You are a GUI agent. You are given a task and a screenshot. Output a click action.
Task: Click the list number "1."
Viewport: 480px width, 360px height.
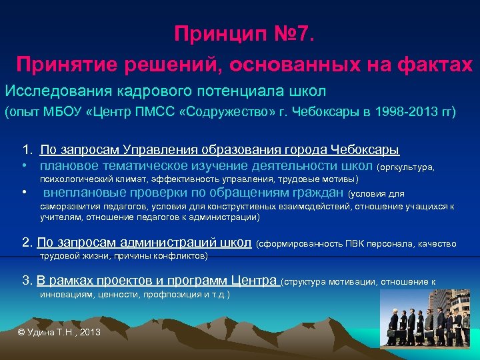pyautogui.click(x=28, y=150)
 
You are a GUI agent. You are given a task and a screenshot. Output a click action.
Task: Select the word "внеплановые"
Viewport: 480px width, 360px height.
pyautogui.click(x=83, y=193)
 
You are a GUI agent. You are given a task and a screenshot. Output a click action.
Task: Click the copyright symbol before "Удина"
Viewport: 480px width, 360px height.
pyautogui.click(x=21, y=331)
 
